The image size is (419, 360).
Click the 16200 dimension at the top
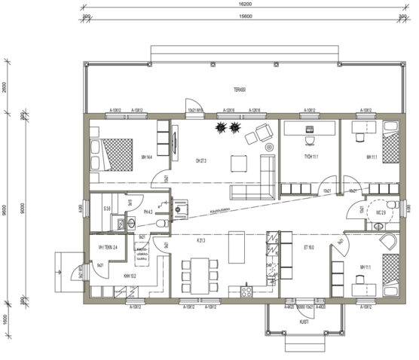pos(240,5)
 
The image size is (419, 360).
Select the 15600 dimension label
pos(240,15)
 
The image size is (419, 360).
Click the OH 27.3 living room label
pos(201,160)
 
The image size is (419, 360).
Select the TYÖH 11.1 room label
pos(310,157)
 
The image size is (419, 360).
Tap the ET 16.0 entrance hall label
pos(309,246)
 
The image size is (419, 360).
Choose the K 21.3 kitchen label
pos(201,240)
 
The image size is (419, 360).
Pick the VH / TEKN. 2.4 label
pos(108,247)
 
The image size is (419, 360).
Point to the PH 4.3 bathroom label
pos(148,212)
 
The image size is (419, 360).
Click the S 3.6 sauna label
pos(108,208)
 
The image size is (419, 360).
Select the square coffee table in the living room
pos(239,162)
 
